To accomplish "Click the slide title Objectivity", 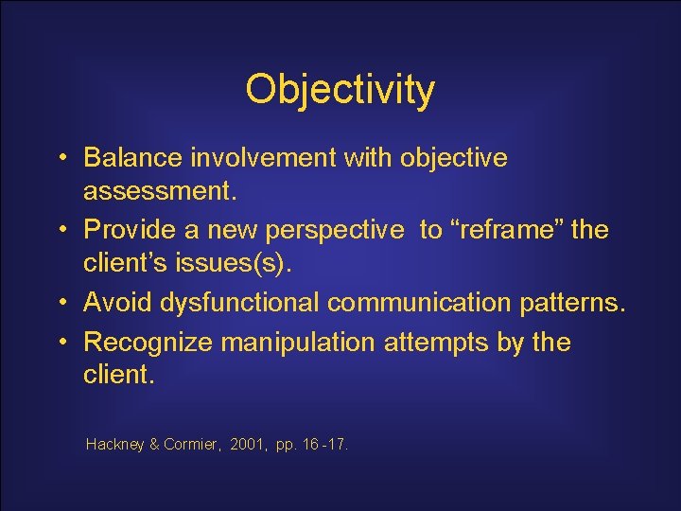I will tap(340, 90).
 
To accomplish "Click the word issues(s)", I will tap(242, 267).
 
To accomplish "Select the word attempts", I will tap(436, 340).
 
